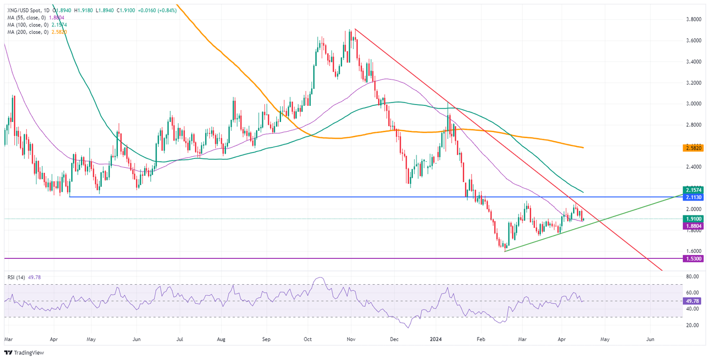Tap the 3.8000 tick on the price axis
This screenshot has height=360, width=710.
point(692,19)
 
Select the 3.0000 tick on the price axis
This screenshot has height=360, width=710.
point(692,104)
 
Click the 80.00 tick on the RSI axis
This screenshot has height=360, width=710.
point(692,276)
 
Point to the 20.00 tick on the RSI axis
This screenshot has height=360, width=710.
point(692,325)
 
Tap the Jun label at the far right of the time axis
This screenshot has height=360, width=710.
point(650,339)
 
